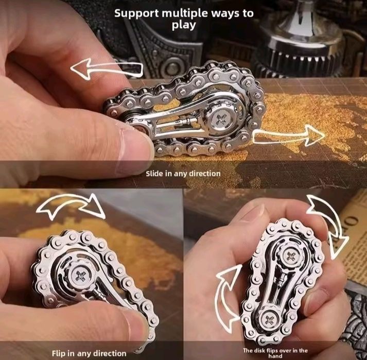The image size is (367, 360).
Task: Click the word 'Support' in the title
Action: point(134,13)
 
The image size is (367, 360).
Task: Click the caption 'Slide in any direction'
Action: point(183,174)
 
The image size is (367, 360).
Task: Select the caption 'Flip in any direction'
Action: point(89,353)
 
